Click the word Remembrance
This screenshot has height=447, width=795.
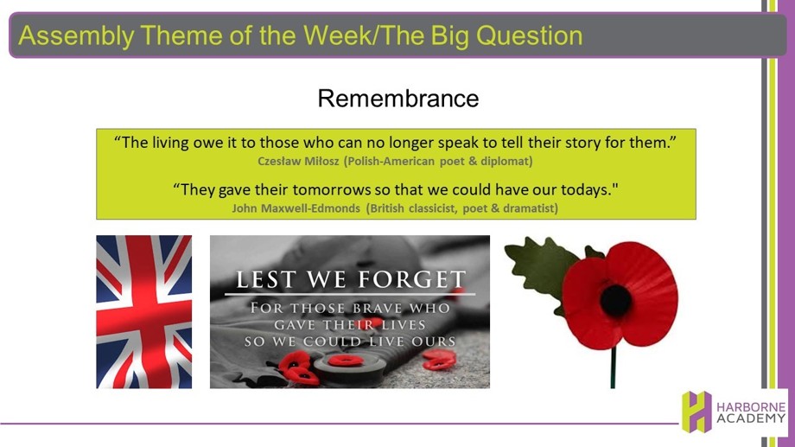(x=398, y=99)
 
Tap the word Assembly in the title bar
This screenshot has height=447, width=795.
(x=77, y=36)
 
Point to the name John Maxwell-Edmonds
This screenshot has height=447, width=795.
(x=296, y=208)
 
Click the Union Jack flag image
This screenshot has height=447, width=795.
(x=144, y=312)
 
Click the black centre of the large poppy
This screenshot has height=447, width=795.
(x=615, y=301)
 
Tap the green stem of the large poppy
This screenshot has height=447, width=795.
(x=613, y=367)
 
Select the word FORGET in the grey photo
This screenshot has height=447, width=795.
(x=411, y=279)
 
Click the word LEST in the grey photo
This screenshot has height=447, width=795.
(x=265, y=279)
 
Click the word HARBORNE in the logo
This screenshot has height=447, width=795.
(x=751, y=407)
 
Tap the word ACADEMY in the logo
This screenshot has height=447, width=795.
(x=751, y=418)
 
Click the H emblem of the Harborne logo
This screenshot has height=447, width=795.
(x=696, y=412)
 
